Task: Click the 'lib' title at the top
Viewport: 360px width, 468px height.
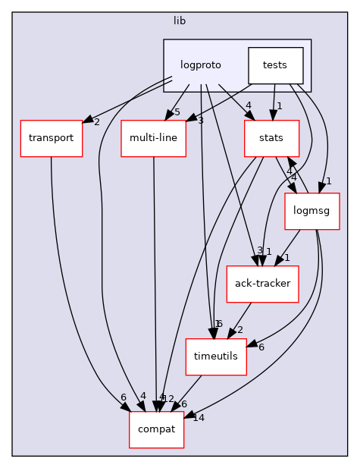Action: (x=179, y=20)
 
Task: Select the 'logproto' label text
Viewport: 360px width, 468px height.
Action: (x=200, y=65)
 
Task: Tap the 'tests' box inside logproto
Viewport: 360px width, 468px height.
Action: (x=275, y=65)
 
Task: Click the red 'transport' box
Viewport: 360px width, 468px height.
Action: (x=51, y=138)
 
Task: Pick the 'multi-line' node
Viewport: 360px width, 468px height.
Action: (x=153, y=138)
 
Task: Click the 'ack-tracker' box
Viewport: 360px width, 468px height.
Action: (x=262, y=284)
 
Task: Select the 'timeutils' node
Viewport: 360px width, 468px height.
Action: (x=216, y=356)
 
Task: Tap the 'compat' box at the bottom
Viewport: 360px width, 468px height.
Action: (x=156, y=429)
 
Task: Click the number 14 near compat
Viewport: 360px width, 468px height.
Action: (x=199, y=417)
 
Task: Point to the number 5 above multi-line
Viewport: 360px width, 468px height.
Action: (x=177, y=113)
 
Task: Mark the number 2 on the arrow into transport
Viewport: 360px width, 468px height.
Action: (x=96, y=121)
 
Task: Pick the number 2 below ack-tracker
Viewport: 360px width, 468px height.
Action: (x=239, y=330)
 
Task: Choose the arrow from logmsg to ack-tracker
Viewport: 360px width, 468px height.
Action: (x=289, y=246)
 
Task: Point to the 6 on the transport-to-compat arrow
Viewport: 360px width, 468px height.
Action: (x=123, y=397)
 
